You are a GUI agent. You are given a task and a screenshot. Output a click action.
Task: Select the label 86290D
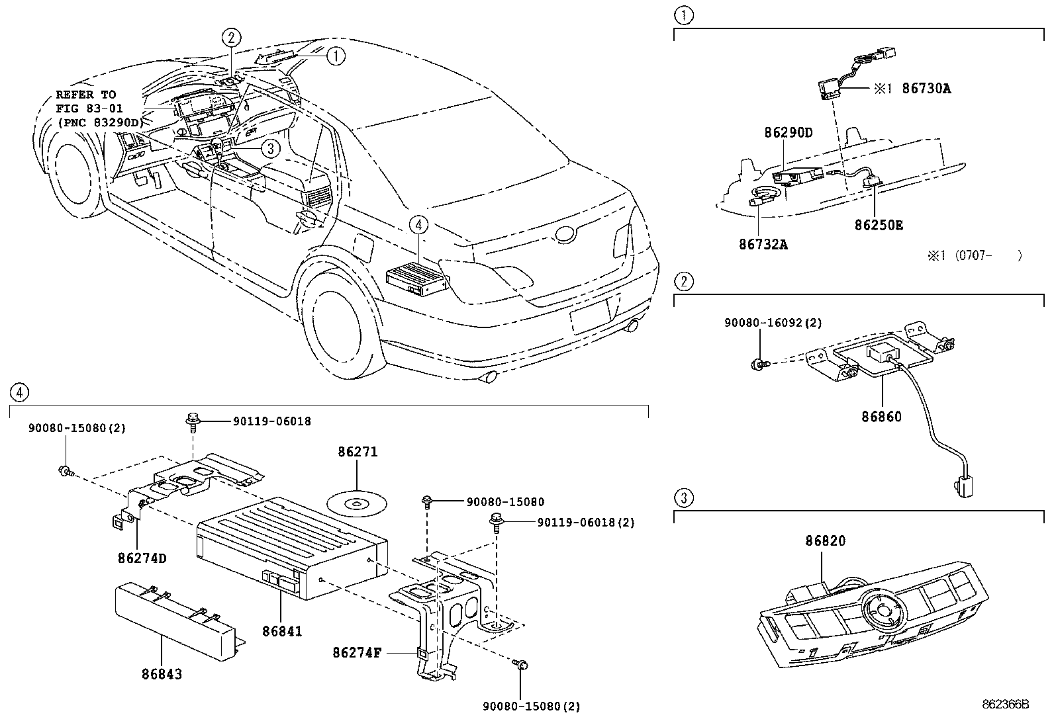tap(789, 132)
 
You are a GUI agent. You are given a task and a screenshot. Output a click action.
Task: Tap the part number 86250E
tap(879, 225)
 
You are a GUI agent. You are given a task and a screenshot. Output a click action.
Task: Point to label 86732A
tap(763, 245)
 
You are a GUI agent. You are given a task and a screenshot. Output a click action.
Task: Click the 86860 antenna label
tap(881, 417)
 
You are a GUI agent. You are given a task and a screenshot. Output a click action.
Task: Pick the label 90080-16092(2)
tap(773, 323)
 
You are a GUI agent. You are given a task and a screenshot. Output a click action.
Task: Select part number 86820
tap(825, 541)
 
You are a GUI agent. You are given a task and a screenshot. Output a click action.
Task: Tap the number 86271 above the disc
tap(358, 452)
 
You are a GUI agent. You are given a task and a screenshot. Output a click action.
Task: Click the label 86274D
tap(142, 558)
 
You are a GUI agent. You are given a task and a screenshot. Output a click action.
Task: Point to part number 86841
tap(281, 631)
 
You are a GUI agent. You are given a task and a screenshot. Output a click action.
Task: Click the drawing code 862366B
tap(1005, 705)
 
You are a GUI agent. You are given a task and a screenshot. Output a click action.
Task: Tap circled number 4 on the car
tap(419, 225)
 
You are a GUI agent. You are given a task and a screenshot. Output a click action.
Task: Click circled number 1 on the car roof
tap(336, 56)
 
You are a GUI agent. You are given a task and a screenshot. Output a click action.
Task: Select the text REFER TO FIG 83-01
tap(86, 100)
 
